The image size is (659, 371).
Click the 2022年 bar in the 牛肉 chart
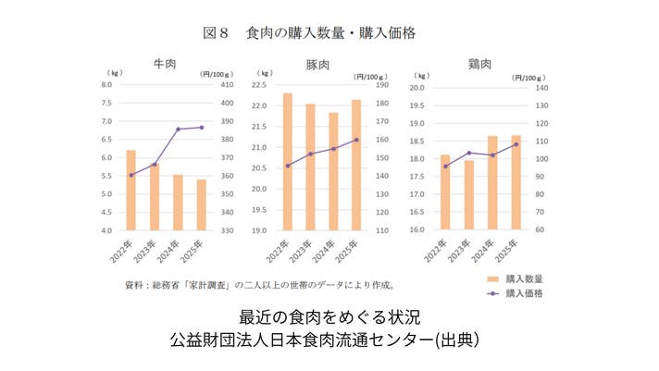tap(131, 190)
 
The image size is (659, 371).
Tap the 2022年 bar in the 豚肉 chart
tap(287, 162)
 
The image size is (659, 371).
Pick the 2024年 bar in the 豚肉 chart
tap(333, 171)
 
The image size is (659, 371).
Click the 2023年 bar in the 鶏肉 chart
tap(468, 195)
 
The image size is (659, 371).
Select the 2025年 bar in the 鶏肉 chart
tap(516, 182)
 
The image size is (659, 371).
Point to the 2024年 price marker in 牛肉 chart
tap(178, 129)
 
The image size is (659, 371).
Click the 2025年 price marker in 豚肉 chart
tap(356, 140)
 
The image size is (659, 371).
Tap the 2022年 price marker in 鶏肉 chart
tap(445, 167)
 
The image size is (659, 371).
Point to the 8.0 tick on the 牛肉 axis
tap(106, 84)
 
